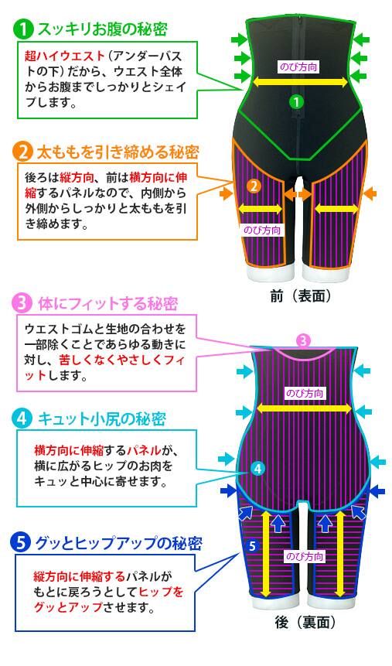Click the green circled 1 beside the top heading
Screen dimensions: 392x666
24,29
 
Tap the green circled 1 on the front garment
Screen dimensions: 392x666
296,101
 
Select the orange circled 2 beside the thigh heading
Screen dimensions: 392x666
23,152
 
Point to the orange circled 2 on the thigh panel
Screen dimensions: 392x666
254,186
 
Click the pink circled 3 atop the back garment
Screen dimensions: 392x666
303,340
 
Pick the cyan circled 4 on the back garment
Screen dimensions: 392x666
257,469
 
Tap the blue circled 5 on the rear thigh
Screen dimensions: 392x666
253,546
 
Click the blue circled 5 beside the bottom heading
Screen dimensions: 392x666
22,543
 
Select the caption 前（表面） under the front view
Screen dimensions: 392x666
300,296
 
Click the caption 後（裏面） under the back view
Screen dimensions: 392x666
304,623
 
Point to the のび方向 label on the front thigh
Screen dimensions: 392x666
261,231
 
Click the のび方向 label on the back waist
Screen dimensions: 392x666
305,393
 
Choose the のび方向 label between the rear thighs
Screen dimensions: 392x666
305,556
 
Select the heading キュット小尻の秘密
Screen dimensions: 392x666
102,419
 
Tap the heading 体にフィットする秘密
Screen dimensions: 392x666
108,304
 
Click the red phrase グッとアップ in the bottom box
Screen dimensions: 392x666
68,607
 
